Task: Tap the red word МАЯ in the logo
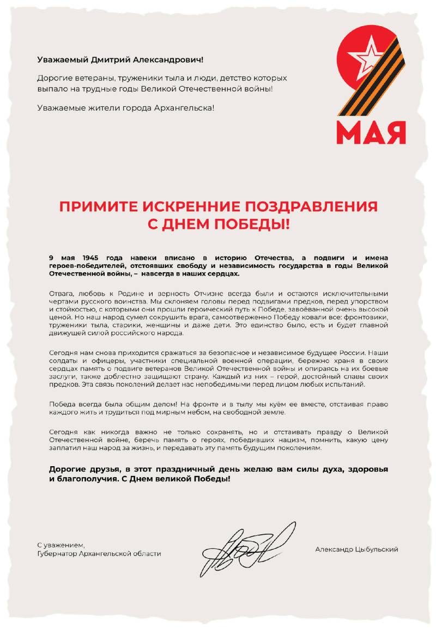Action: pos(371,132)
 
